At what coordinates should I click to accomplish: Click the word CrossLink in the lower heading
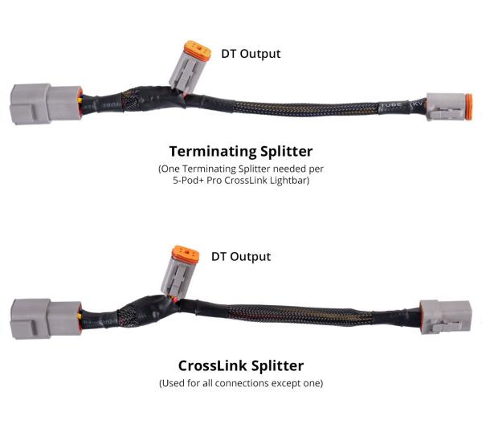pyautogui.click(x=213, y=365)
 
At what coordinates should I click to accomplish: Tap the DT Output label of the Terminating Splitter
pyautogui.click(x=251, y=54)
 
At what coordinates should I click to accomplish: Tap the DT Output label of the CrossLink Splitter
pyautogui.click(x=241, y=256)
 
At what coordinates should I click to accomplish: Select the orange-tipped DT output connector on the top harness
pyautogui.click(x=190, y=66)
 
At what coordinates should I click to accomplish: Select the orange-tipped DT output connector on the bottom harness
pyautogui.click(x=180, y=271)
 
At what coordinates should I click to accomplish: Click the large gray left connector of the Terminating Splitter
pyautogui.click(x=46, y=104)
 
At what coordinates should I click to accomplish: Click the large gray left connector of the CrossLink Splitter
pyautogui.click(x=46, y=319)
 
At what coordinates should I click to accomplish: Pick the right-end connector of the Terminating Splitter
pyautogui.click(x=449, y=106)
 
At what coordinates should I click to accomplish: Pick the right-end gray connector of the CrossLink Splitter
pyautogui.click(x=445, y=317)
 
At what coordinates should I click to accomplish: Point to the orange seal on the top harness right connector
pyautogui.click(x=469, y=107)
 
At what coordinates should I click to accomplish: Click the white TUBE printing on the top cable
pyautogui.click(x=391, y=105)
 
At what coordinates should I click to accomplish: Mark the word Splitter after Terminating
pyautogui.click(x=287, y=152)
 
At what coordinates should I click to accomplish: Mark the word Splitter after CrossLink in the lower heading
pyautogui.click(x=278, y=365)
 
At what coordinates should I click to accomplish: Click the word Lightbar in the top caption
pyautogui.click(x=289, y=181)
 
